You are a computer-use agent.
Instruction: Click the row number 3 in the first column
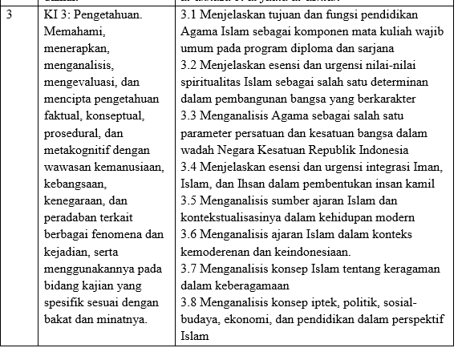(x=7, y=14)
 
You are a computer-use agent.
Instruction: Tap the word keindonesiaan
(x=308, y=250)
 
